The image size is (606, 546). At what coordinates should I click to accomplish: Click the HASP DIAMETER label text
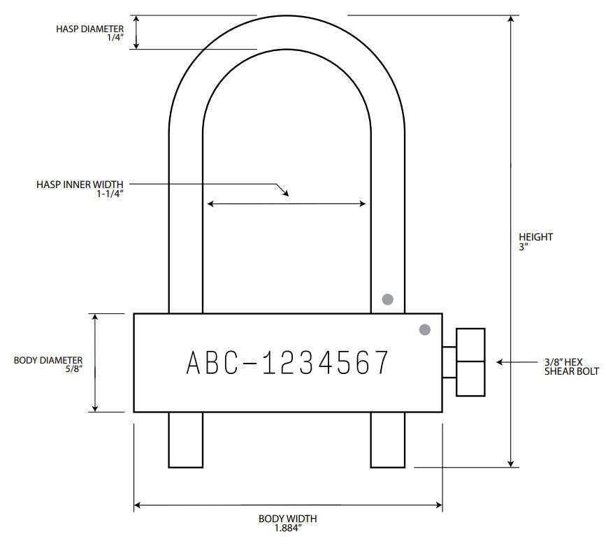tap(89, 29)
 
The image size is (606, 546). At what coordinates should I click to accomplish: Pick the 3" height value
tap(522, 246)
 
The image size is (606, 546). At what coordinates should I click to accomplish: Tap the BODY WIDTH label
tap(287, 519)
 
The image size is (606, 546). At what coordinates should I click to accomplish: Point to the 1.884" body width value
tap(287, 528)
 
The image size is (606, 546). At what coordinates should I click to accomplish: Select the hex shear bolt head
tap(469, 361)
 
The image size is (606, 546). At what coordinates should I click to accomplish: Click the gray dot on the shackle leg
tap(387, 299)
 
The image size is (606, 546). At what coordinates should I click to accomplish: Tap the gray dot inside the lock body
tap(424, 329)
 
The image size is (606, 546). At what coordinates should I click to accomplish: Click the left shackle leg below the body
tap(186, 439)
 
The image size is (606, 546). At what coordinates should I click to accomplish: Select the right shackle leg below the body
tap(387, 439)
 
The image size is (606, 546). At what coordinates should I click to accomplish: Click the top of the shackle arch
tap(287, 32)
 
